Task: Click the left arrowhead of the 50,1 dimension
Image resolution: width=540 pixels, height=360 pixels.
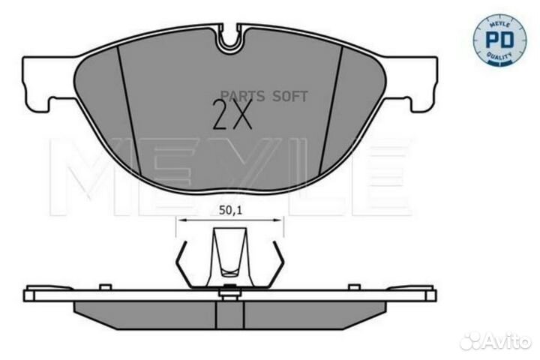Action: coord(179,220)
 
